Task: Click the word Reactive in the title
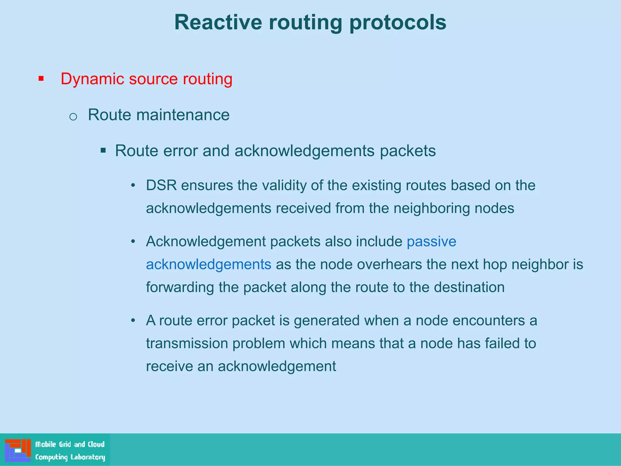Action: point(218,22)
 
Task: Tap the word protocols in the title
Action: point(398,22)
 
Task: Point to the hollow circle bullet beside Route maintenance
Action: point(73,116)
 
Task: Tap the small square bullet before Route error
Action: point(103,150)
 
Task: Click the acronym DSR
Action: point(161,185)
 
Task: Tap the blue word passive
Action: point(431,242)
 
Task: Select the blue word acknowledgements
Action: point(208,265)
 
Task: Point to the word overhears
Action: point(389,265)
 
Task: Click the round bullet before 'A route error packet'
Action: point(133,321)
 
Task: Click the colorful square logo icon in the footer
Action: point(18,450)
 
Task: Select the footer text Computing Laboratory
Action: point(70,457)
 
